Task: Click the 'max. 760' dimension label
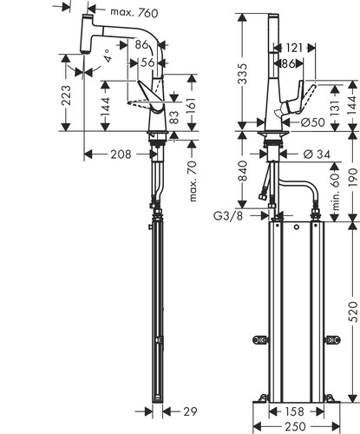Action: pos(134,12)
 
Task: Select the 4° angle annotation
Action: pos(107,56)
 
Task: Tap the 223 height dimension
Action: pos(66,95)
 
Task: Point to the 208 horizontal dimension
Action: pos(121,155)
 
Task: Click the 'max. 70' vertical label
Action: pos(193,181)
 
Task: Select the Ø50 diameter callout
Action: pos(312,122)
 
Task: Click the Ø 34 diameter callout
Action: pos(317,155)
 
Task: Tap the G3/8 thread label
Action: pos(228,216)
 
